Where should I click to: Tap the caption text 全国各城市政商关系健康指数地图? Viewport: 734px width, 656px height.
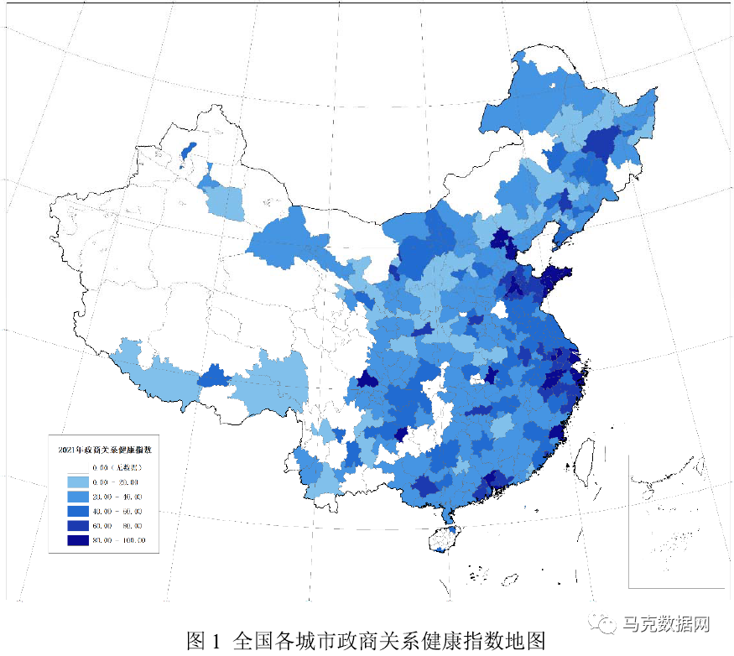click(x=390, y=641)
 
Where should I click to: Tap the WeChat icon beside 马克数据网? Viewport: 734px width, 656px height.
click(x=605, y=625)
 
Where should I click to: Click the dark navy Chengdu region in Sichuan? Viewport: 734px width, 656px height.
click(x=367, y=380)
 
